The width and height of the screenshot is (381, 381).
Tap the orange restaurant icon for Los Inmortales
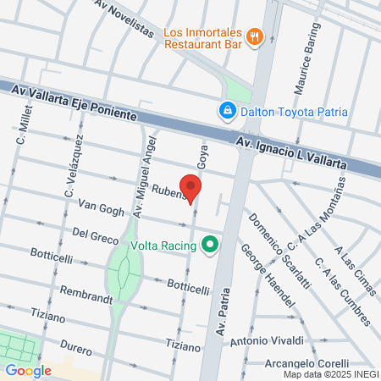point(255,36)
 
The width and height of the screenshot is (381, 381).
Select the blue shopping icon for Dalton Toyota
point(227,110)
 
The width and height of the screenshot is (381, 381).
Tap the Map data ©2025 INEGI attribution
point(331,374)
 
